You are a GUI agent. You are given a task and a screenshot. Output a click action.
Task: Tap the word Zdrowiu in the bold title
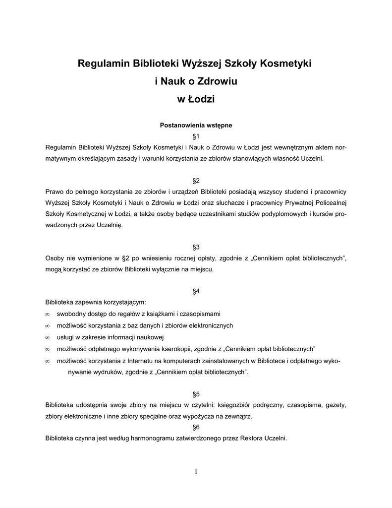coord(218,81)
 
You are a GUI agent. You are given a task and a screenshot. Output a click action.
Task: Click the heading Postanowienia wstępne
coord(196,126)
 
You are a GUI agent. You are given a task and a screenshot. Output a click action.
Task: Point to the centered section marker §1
coord(196,136)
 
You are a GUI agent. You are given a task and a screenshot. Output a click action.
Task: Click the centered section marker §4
coord(196,291)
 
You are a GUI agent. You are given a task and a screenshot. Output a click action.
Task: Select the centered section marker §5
coord(196,394)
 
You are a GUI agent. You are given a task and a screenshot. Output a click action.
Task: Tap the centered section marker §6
coord(196,427)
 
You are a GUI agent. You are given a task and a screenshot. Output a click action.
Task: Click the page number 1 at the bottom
coord(196,471)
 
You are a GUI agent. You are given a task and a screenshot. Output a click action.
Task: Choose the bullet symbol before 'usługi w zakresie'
coord(47,337)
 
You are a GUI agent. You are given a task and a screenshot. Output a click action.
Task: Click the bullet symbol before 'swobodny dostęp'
coord(47,315)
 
